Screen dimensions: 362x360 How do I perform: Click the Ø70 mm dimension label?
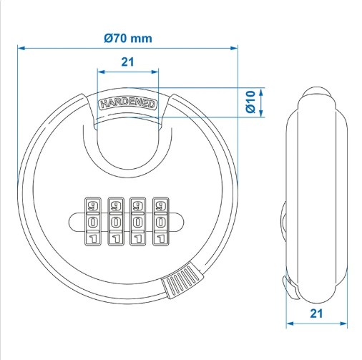[x=128, y=39]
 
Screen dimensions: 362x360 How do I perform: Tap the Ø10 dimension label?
[x=250, y=102]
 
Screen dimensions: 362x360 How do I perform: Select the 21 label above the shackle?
[x=128, y=62]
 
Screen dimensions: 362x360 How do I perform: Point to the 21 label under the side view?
[x=316, y=313]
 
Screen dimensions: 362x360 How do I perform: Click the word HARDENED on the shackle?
[x=128, y=104]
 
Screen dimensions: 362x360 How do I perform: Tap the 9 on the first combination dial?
[x=93, y=205]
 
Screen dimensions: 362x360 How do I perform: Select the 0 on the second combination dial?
[x=116, y=223]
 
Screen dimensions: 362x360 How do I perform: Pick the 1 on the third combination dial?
[x=138, y=238]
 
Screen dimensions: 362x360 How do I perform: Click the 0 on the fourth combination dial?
[x=160, y=223]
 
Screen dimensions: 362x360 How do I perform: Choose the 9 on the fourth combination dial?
[x=160, y=205]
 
